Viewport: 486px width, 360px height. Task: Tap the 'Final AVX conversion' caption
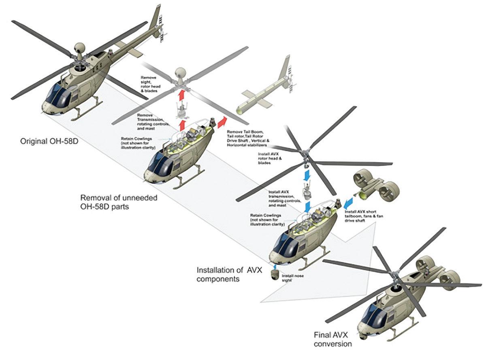(332, 339)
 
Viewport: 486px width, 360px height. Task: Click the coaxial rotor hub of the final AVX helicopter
(394, 279)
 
